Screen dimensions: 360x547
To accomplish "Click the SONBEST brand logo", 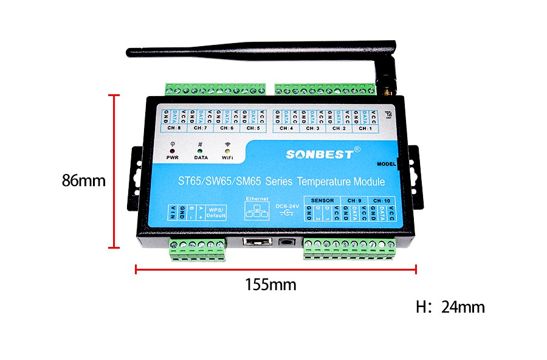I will [x=320, y=154].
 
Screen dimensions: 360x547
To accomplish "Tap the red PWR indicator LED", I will [x=172, y=150].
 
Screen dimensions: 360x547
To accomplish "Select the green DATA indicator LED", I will [x=200, y=150].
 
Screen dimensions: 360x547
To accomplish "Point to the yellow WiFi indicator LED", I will [x=227, y=150].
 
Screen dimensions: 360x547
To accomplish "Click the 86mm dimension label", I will [x=83, y=181].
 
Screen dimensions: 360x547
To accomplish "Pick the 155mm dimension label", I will [x=270, y=284].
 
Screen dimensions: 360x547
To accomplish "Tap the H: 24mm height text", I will [x=450, y=307].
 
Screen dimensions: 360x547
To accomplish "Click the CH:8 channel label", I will [x=174, y=128].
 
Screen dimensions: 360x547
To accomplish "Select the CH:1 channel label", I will [x=365, y=128].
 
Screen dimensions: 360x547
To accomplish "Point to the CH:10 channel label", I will [x=382, y=200].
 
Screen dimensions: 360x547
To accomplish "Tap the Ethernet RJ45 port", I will [x=256, y=242].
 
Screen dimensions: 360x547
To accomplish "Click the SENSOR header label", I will [x=322, y=200].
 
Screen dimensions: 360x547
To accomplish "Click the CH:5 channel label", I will [x=253, y=128].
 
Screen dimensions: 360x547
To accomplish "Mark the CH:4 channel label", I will [x=287, y=128].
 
